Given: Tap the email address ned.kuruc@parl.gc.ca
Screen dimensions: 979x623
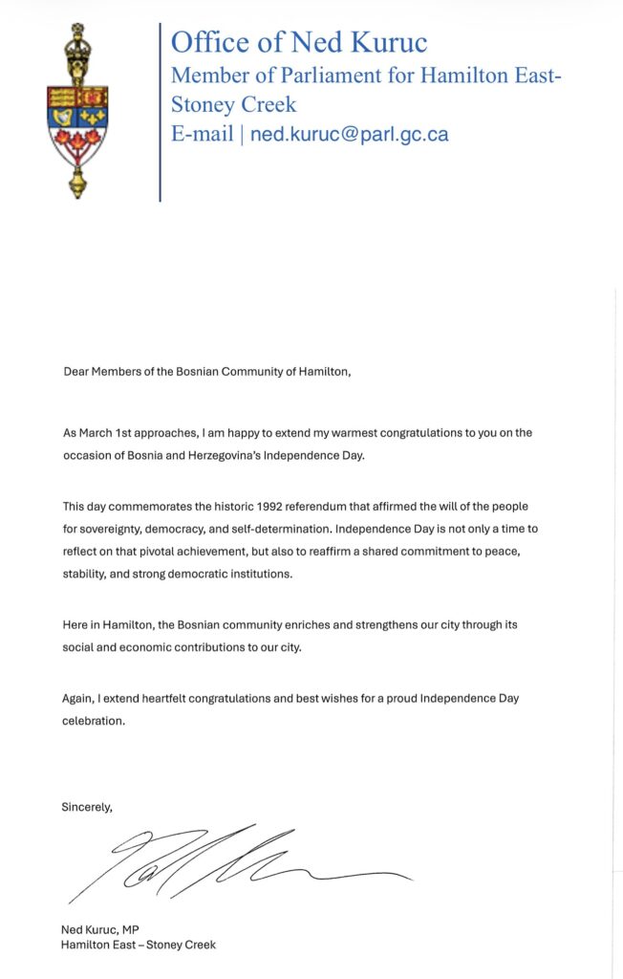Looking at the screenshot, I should (349, 134).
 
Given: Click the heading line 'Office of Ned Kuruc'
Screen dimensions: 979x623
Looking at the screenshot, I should (299, 42).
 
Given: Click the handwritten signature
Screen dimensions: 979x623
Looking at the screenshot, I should (239, 860).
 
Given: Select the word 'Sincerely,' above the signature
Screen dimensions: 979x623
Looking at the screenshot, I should (87, 807).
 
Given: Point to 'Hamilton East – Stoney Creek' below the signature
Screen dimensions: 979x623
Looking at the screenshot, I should (139, 945).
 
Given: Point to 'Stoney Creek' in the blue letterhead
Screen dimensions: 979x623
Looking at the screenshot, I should (234, 104).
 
